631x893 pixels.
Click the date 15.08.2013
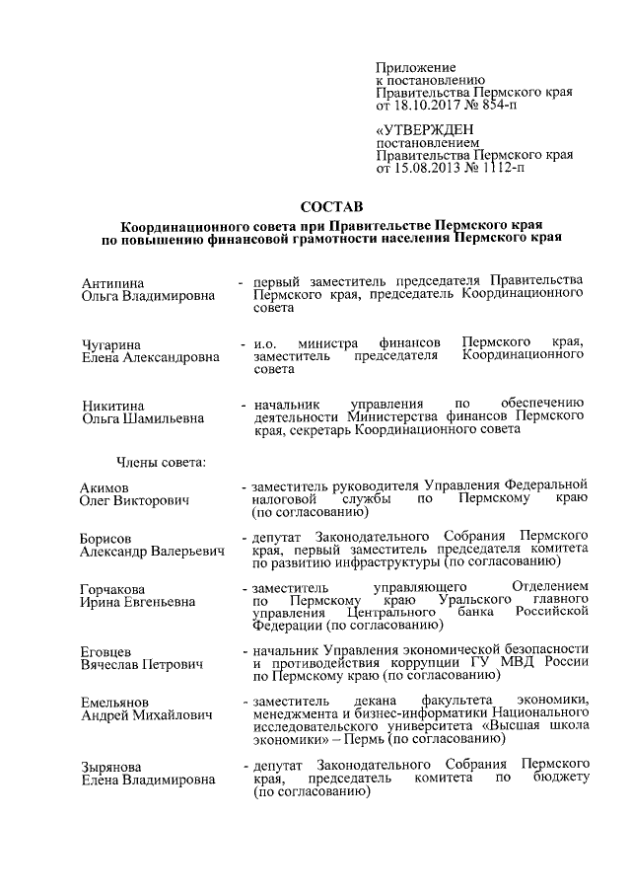429,169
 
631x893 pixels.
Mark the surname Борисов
106,538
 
